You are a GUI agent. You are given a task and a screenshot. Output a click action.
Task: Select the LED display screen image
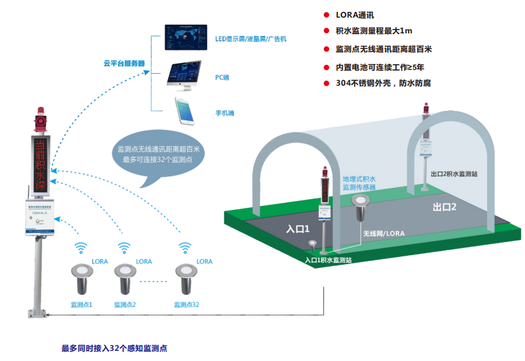[x=185, y=37]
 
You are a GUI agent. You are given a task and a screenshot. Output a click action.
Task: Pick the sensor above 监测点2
[x=125, y=278]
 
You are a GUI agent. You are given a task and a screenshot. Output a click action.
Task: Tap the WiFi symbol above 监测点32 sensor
[x=185, y=246]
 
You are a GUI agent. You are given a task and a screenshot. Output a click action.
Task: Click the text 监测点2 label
[x=125, y=304]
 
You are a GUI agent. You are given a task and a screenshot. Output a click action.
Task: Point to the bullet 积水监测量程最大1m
[x=374, y=30]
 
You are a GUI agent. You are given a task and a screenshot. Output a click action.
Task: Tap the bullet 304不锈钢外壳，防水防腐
[x=383, y=83]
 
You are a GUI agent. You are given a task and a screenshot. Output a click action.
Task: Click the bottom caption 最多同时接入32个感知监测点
[x=114, y=348]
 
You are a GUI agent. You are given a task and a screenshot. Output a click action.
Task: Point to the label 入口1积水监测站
[x=328, y=259]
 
